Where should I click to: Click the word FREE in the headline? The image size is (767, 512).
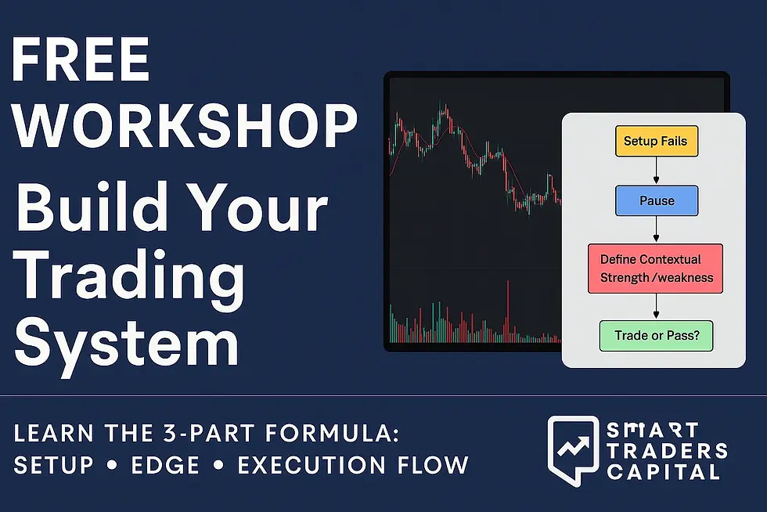click(x=81, y=59)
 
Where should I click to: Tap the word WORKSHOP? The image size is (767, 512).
click(x=185, y=126)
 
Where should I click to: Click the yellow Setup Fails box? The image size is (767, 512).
click(x=657, y=141)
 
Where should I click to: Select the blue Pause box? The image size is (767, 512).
click(x=657, y=200)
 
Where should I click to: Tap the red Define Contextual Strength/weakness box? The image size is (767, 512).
click(x=656, y=269)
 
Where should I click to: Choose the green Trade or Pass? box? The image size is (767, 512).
click(x=657, y=336)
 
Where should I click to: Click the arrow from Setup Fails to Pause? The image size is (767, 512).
click(x=657, y=171)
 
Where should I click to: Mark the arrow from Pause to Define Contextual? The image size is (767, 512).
click(x=657, y=229)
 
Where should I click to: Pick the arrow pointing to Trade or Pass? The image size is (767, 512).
click(x=657, y=307)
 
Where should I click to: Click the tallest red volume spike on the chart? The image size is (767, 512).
click(x=508, y=312)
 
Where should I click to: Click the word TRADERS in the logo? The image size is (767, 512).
click(x=667, y=451)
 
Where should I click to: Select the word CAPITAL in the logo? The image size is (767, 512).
click(x=664, y=472)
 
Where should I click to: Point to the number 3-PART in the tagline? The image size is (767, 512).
click(x=209, y=433)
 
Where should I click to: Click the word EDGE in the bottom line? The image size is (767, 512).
click(x=165, y=465)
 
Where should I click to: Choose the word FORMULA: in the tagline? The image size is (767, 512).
click(x=333, y=433)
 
